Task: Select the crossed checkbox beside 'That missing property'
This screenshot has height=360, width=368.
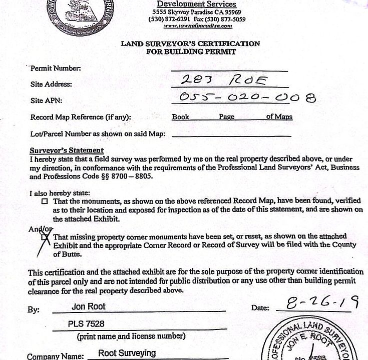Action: pos(46,237)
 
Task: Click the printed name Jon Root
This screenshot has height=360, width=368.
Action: pos(89,306)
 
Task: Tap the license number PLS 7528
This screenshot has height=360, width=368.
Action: pos(86,324)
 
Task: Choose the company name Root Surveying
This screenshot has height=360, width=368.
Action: pos(127,353)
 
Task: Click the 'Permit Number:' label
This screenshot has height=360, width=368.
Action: pos(56,68)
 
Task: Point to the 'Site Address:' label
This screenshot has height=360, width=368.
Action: pos(51,84)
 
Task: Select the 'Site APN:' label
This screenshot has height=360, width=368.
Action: pos(46,100)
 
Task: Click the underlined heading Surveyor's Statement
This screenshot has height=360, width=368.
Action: pos(67,150)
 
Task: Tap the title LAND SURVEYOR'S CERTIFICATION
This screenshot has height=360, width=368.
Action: pos(190,43)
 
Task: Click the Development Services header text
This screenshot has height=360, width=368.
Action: pos(197,4)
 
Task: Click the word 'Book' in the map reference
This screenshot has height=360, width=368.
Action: pos(180,117)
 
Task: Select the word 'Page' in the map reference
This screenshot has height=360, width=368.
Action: pos(226,117)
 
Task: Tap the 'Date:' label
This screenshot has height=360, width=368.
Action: pos(260,308)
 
